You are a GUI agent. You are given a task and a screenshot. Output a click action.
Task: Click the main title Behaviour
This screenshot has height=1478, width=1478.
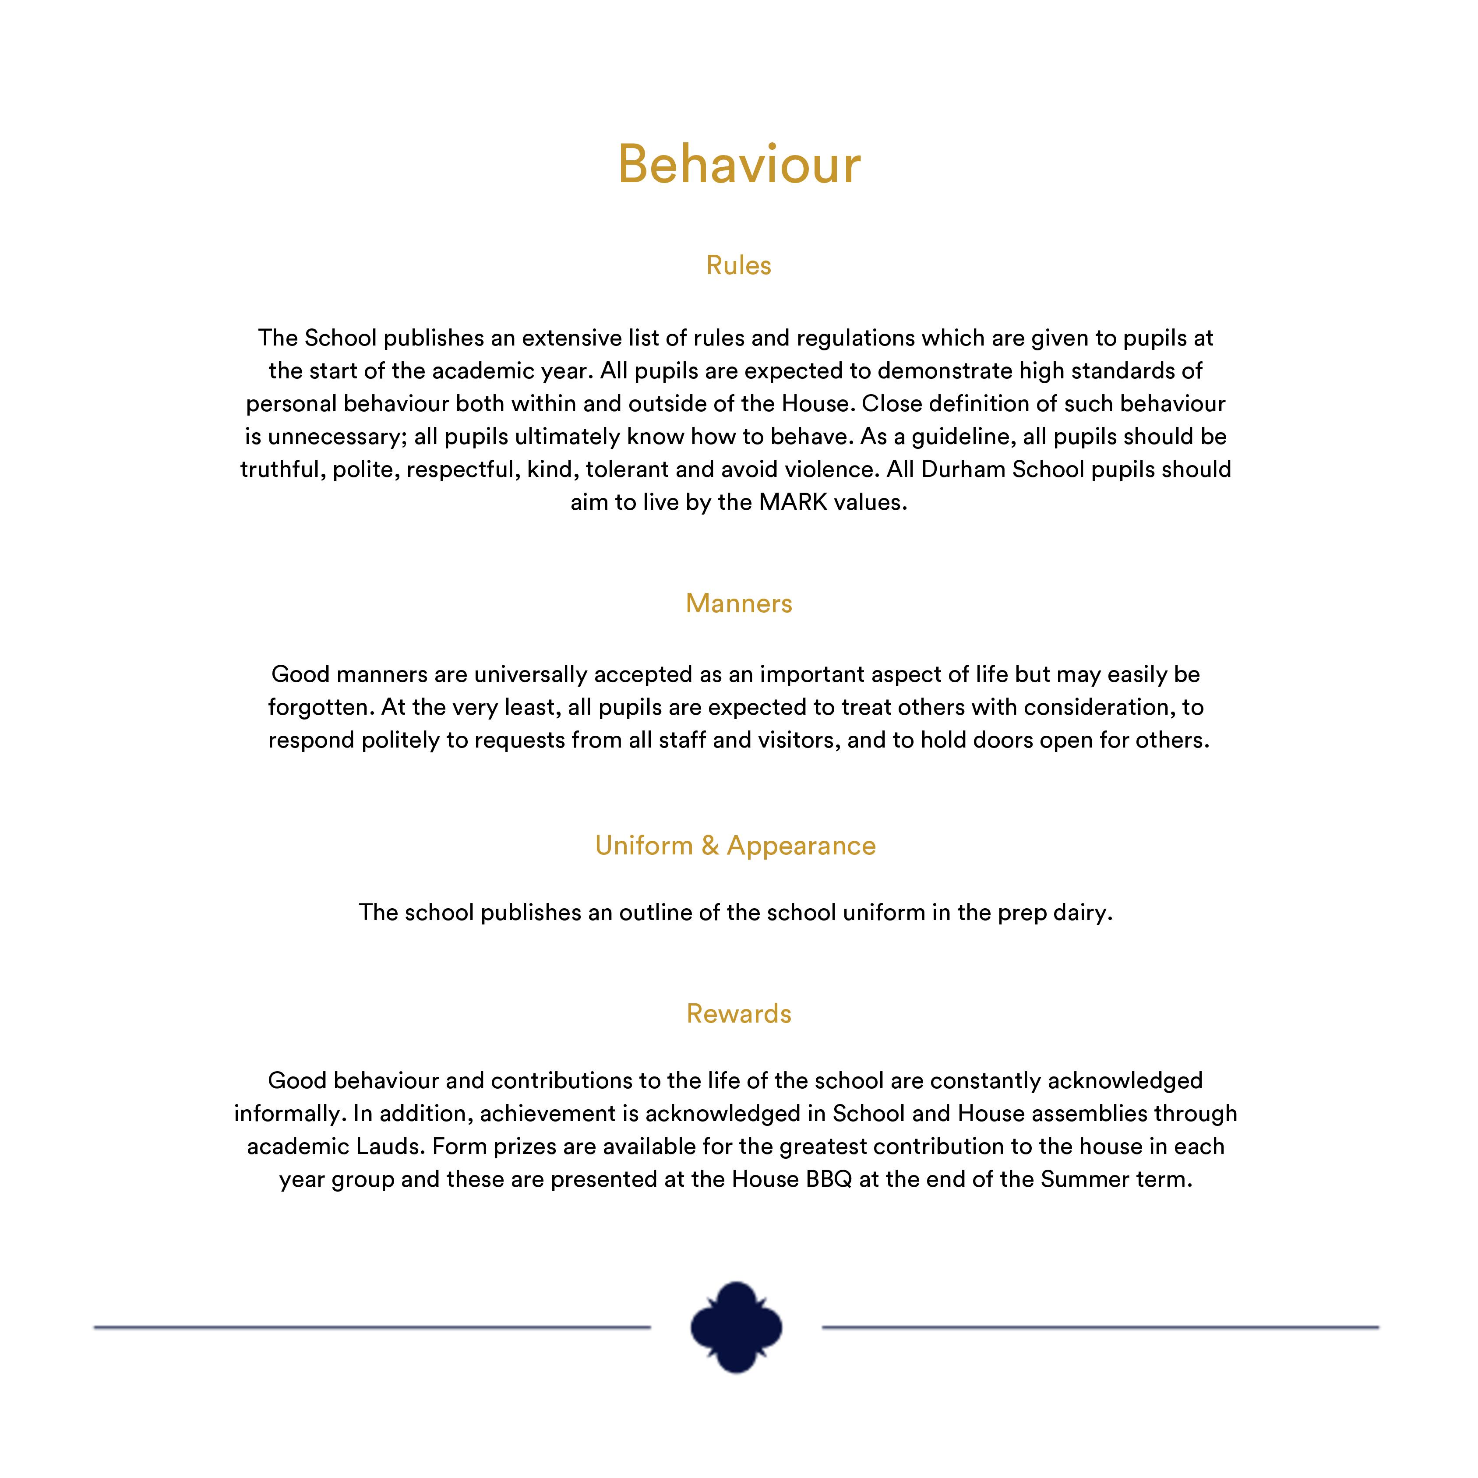[x=739, y=165]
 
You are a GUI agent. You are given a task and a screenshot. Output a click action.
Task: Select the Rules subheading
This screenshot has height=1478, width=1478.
[x=738, y=265]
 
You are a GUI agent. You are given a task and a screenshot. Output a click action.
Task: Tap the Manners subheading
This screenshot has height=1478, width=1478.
[x=738, y=603]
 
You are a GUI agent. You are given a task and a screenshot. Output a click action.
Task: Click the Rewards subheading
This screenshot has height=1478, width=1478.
[x=738, y=1014]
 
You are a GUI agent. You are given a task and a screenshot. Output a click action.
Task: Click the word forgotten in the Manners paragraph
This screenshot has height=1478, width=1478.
[x=321, y=708]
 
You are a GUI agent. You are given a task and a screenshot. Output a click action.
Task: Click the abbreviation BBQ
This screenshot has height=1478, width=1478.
[x=829, y=1180]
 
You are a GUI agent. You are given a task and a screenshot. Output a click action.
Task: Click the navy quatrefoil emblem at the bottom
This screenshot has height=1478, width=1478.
[x=736, y=1327]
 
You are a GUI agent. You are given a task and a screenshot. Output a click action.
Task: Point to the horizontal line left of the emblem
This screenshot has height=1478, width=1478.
[x=372, y=1327]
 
